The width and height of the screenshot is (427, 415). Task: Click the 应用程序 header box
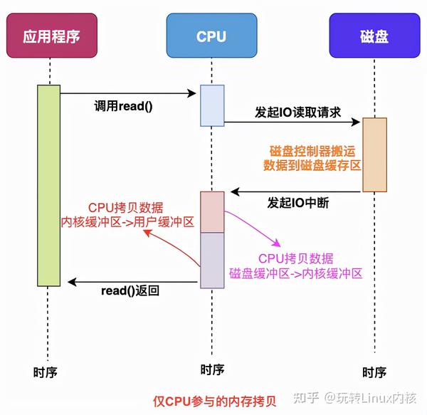pos(51,35)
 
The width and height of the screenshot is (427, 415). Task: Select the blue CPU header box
pos(211,35)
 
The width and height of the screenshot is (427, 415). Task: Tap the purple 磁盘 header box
pos(374,35)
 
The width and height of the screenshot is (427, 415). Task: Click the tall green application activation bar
pos(49,184)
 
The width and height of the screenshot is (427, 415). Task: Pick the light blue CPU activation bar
pos(211,105)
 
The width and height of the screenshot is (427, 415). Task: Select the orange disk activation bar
pos(374,154)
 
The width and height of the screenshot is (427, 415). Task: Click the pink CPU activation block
pos(211,211)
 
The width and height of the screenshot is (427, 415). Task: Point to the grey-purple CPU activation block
pos(211,260)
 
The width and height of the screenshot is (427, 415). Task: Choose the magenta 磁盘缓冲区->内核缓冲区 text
pos(295,273)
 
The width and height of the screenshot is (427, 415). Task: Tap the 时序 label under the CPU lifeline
pos(212,369)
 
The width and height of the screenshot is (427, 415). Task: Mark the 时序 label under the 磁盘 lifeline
pos(374,372)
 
